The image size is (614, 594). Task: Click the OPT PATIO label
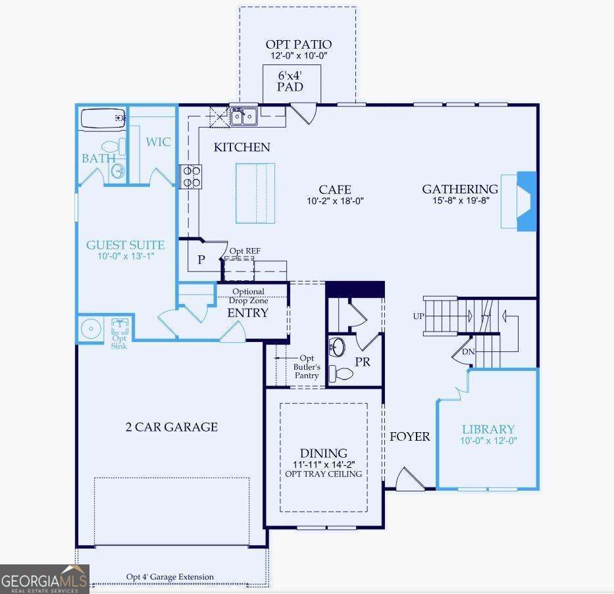pyautogui.click(x=298, y=45)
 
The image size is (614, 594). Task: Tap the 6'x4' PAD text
pyautogui.click(x=290, y=81)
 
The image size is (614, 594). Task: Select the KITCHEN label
pyautogui.click(x=242, y=147)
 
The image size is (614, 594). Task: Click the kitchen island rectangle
pyautogui.click(x=255, y=193)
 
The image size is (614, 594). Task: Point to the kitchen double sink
pyautogui.click(x=244, y=117)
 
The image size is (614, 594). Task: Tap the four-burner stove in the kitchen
pyautogui.click(x=192, y=176)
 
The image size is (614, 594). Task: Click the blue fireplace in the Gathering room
pyautogui.click(x=526, y=201)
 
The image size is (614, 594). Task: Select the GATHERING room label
pyautogui.click(x=460, y=189)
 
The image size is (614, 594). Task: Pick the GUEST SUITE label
pyautogui.click(x=126, y=245)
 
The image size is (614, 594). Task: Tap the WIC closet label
pyautogui.click(x=158, y=142)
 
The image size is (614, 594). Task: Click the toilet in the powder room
pyautogui.click(x=340, y=374)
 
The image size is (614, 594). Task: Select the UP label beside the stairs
pyautogui.click(x=419, y=316)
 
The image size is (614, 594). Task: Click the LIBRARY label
pyautogui.click(x=488, y=429)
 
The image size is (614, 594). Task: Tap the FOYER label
pyautogui.click(x=409, y=436)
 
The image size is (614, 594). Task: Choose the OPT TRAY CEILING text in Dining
pyautogui.click(x=323, y=474)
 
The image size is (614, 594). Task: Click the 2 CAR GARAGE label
pyautogui.click(x=171, y=427)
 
